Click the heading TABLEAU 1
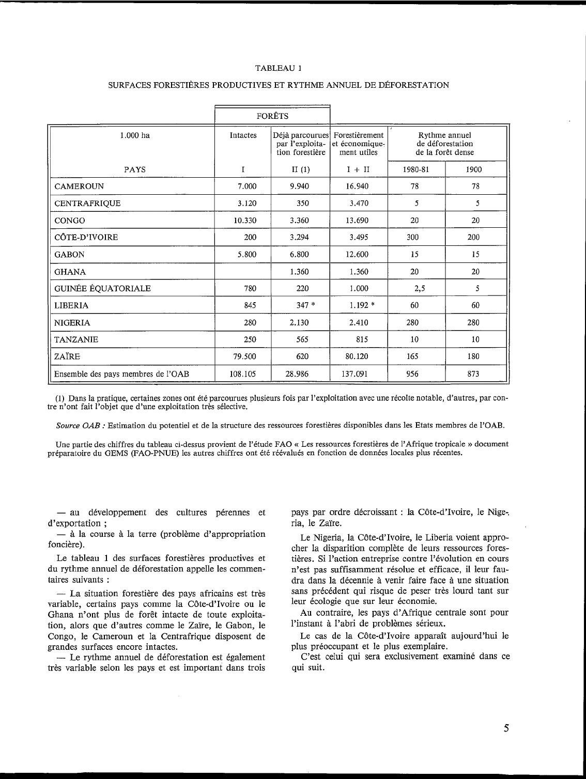tap(279, 68)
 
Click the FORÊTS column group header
tap(272, 116)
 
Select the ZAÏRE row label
tap(67, 356)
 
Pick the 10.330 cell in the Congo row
tap(243, 221)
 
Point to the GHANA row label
tap(70, 272)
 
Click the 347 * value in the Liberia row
tap(305, 305)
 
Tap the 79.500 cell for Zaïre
tap(243, 356)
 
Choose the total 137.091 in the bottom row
tap(354, 373)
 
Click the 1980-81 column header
tap(416, 169)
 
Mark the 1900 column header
tap(474, 169)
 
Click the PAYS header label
tap(135, 169)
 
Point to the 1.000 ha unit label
tap(135, 135)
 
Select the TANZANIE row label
tap(76, 339)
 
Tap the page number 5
tap(506, 728)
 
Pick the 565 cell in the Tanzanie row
tap(303, 339)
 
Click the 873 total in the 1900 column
tap(473, 373)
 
